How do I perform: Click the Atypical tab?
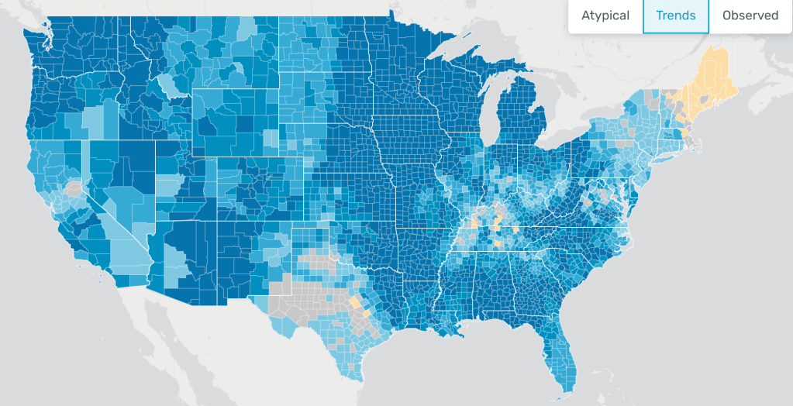tap(605, 16)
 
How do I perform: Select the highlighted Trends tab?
tap(675, 16)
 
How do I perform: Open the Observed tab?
tap(750, 16)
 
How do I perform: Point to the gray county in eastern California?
tap(74, 188)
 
